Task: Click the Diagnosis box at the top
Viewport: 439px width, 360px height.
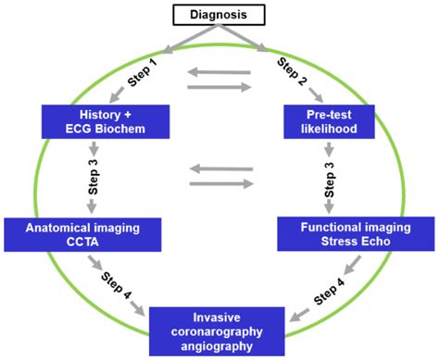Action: pos(219,15)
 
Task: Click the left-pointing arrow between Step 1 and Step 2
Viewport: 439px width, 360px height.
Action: pos(218,72)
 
